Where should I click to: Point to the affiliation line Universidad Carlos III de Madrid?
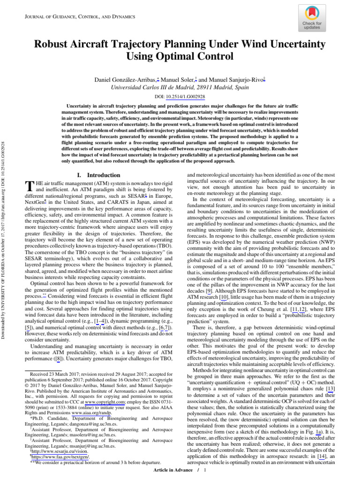click(x=180, y=87)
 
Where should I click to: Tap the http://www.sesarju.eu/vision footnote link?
click(x=51, y=451)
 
